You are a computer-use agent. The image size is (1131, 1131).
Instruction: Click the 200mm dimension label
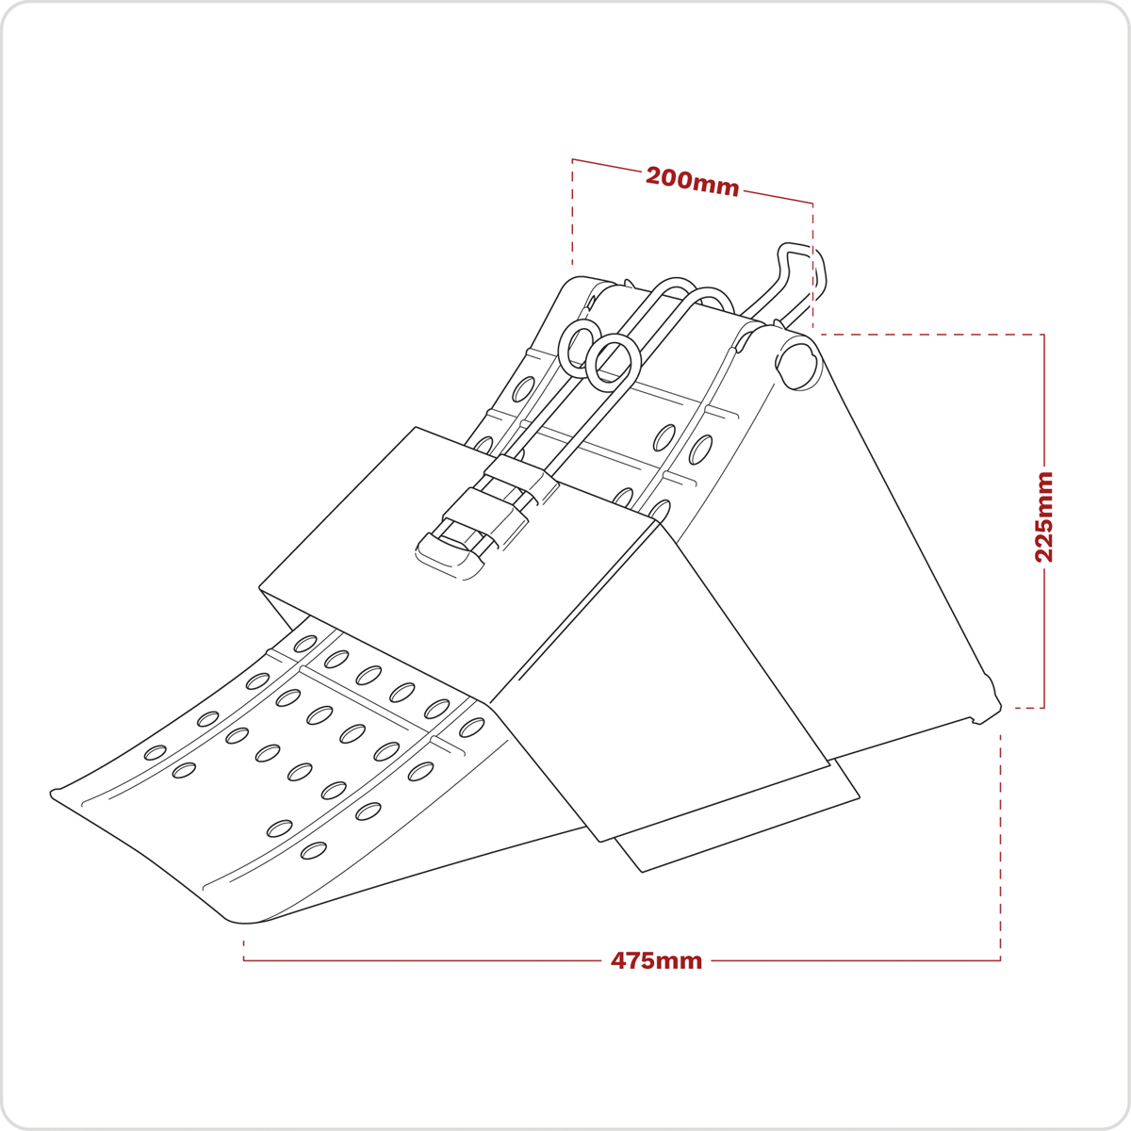click(692, 181)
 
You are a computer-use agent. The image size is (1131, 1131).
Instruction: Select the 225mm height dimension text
click(1044, 516)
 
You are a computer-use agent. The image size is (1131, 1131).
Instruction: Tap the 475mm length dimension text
click(656, 960)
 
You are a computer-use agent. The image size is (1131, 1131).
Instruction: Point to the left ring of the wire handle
click(579, 346)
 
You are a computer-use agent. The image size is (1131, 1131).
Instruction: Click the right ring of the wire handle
click(613, 362)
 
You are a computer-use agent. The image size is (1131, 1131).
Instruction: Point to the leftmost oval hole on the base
click(155, 752)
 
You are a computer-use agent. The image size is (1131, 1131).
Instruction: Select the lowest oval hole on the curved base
click(313, 851)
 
